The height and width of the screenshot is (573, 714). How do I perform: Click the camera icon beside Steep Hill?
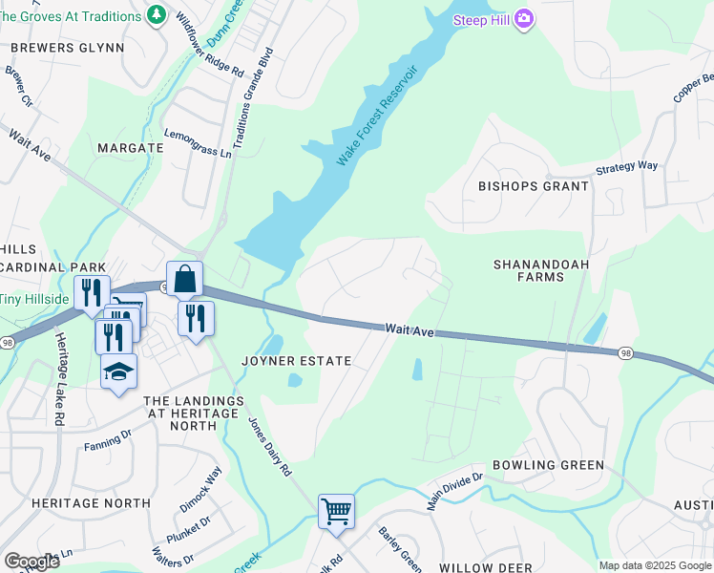click(522, 19)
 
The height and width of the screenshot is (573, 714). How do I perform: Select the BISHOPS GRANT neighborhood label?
click(534, 186)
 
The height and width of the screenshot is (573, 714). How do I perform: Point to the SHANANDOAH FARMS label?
click(541, 269)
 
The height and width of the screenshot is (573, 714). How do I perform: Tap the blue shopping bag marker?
click(185, 279)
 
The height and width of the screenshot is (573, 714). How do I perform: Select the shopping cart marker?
click(336, 511)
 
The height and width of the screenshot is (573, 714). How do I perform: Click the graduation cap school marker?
click(119, 372)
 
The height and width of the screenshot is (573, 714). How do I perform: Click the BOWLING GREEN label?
click(548, 465)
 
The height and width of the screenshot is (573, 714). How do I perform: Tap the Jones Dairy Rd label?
click(270, 447)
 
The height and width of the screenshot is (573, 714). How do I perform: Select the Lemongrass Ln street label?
click(199, 144)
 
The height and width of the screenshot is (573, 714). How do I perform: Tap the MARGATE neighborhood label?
click(131, 148)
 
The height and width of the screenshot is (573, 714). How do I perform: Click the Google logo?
click(32, 562)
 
